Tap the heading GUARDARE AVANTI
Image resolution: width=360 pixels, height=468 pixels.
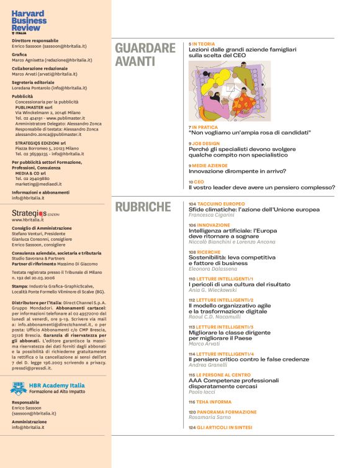point(145,55)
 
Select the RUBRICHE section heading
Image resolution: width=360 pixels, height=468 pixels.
point(143,207)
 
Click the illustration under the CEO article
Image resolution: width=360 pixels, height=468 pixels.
point(230,91)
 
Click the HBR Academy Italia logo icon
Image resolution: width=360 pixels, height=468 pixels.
point(19,388)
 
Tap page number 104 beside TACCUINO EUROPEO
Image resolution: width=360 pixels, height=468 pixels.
point(192,204)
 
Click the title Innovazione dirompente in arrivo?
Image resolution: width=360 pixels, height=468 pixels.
point(237,171)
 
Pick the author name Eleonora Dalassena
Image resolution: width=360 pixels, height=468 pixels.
point(213,269)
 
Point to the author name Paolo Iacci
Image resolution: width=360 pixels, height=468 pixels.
point(203,392)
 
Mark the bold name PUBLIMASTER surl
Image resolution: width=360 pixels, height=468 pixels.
point(34,107)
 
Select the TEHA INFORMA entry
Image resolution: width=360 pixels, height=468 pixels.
point(215,402)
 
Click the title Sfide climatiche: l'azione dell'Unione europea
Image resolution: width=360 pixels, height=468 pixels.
point(254,209)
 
